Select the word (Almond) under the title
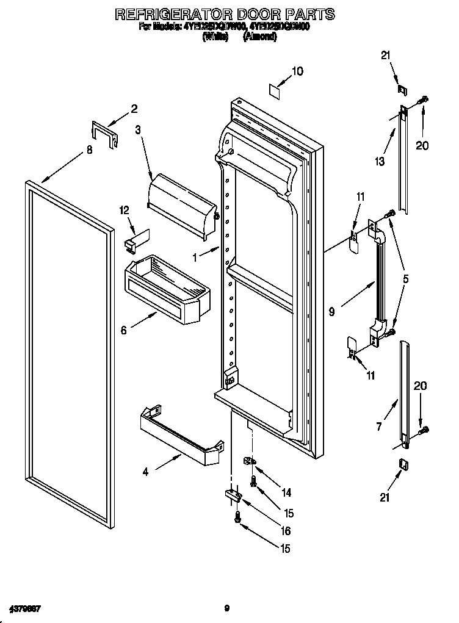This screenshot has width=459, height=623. (x=260, y=37)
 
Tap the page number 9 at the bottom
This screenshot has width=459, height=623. (x=226, y=608)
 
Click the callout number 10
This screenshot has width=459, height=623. (x=297, y=71)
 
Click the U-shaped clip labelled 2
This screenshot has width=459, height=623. (x=103, y=134)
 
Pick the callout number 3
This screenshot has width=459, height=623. (x=138, y=129)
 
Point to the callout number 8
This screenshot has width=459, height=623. (x=89, y=149)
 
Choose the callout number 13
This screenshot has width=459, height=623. (x=380, y=161)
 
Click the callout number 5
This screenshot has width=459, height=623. (x=406, y=279)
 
